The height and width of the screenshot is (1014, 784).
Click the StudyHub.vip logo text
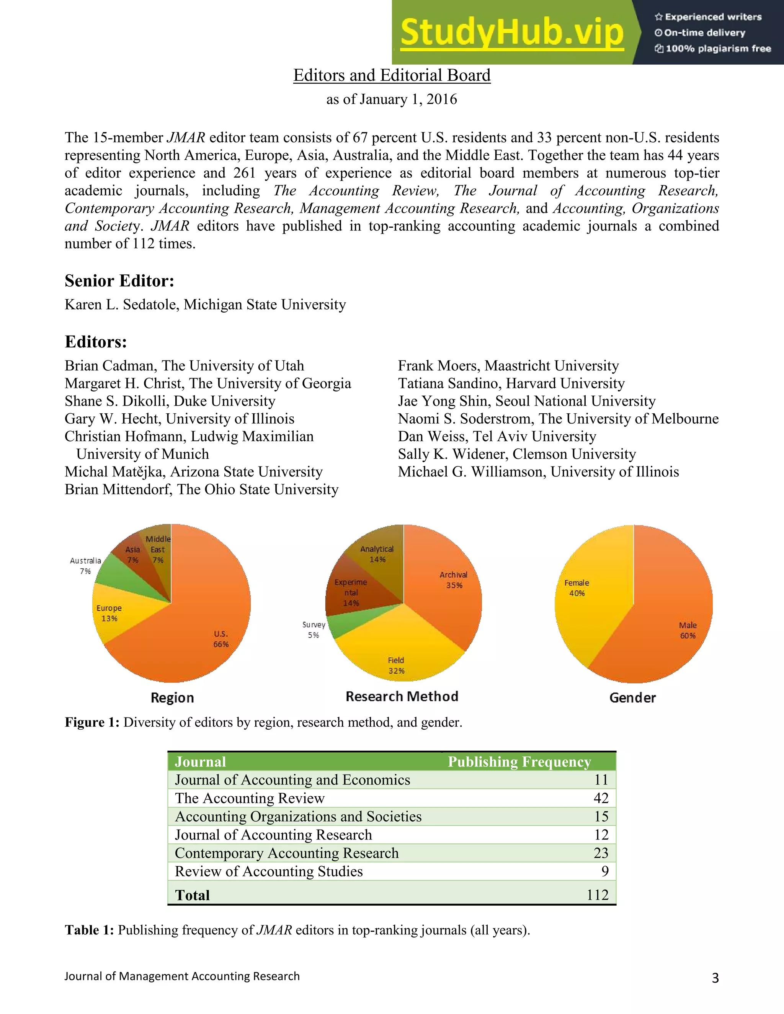pos(511,33)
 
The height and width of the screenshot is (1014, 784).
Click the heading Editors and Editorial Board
pos(392,75)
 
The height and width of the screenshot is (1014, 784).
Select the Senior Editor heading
pos(119,281)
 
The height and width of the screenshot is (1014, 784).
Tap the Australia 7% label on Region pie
pos(85,566)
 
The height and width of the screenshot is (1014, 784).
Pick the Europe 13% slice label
pos(109,613)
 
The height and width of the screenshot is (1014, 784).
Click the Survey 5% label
pos(314,629)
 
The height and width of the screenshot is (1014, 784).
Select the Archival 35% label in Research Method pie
pos(454,580)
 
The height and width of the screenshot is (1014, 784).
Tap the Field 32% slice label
pos(396,665)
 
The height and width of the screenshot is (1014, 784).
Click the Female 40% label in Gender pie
pos(577,588)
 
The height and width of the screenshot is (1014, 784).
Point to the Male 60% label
pos(688,630)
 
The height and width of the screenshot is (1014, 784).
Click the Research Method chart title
pos(402,696)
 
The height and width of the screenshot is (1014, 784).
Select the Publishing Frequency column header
pos(519,762)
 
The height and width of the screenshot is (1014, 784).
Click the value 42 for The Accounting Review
pos(601,798)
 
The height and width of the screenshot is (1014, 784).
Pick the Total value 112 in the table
pos(597,895)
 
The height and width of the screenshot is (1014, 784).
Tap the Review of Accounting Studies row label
pos(268,871)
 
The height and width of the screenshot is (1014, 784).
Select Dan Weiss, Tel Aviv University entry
pos(497,437)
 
